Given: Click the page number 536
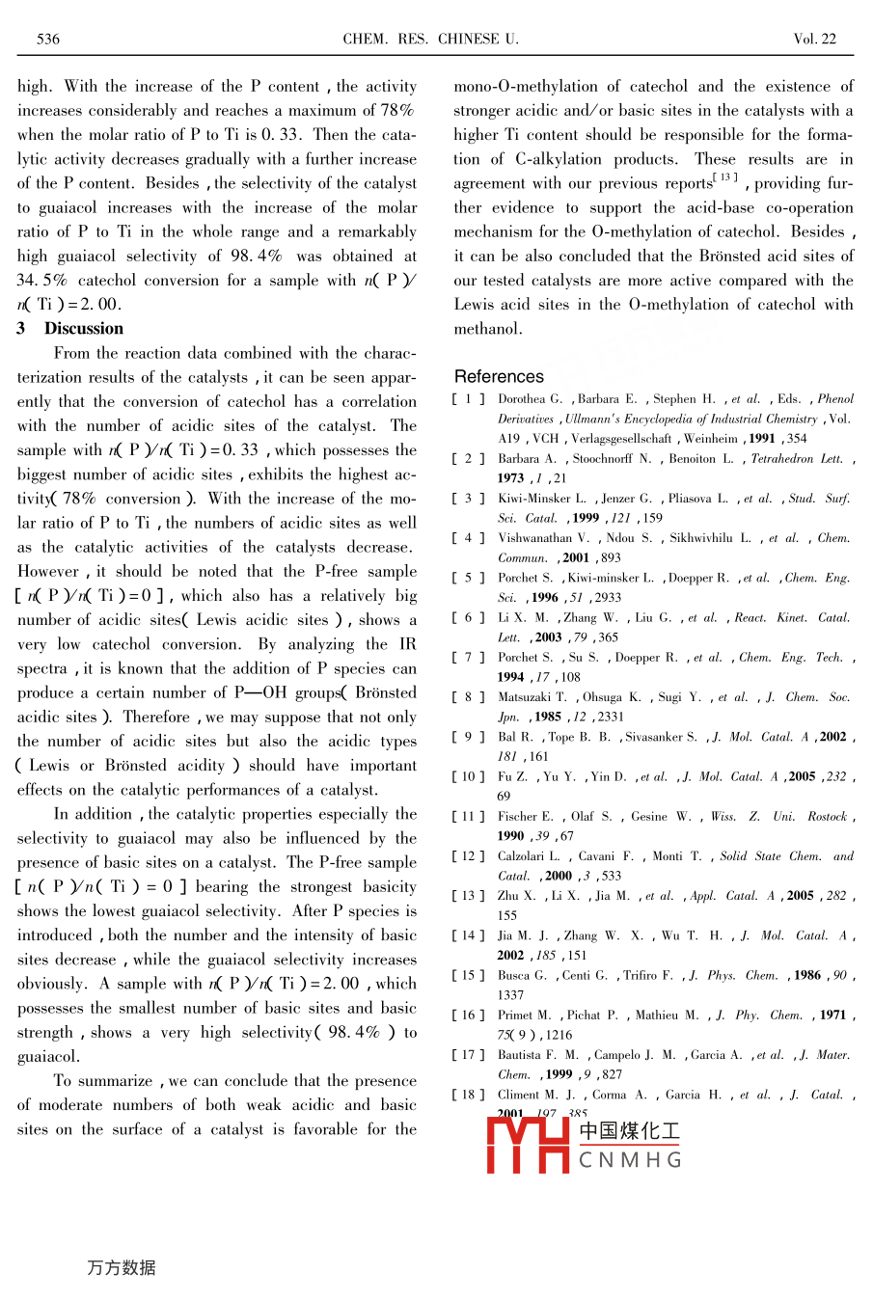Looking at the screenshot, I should tap(48, 40).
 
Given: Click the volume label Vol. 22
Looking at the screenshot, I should tap(814, 40).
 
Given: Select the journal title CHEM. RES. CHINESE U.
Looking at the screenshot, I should tap(430, 40).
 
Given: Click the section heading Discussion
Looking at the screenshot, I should tap(84, 329).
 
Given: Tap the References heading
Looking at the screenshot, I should tap(499, 376).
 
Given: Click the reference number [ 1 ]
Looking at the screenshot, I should tap(469, 398).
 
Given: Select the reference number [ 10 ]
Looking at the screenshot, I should tap(469, 776).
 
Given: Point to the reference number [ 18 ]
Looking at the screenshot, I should tap(469, 1095).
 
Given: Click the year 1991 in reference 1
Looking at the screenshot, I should tap(762, 438).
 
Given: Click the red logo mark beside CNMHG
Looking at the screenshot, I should tap(529, 1145).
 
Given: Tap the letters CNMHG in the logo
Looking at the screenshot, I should tap(630, 1160).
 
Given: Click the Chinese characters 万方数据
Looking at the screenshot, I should tap(122, 1267).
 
